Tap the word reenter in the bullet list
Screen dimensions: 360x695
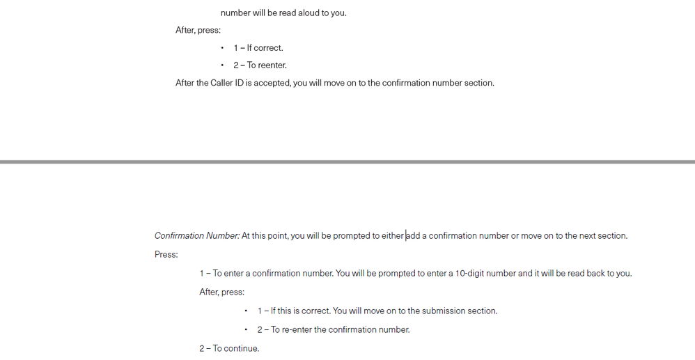point(272,65)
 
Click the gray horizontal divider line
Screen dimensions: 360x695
point(347,162)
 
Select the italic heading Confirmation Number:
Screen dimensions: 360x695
point(197,236)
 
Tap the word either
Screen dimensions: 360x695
point(392,236)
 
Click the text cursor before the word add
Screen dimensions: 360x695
point(406,236)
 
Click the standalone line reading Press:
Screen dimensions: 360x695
point(166,255)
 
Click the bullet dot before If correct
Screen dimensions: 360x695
point(222,48)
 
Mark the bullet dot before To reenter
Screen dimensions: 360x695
point(222,65)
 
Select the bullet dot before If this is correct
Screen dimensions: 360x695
point(246,311)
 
